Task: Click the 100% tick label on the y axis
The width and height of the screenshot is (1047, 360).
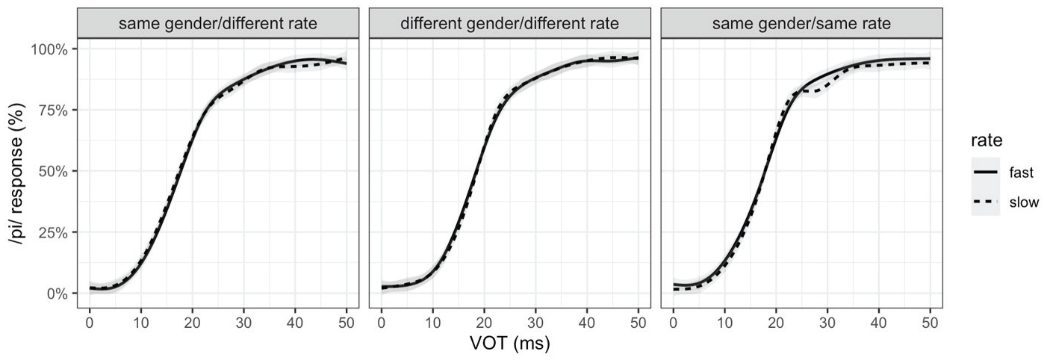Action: pos(49,49)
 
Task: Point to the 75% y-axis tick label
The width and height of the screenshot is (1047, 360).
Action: pos(53,111)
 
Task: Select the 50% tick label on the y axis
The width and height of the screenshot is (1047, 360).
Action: pos(53,172)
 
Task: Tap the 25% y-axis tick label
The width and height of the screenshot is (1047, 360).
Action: pos(53,232)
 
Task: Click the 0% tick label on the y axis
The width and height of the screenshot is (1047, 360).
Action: pos(57,294)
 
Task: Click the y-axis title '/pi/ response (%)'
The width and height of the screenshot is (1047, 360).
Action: pos(17,172)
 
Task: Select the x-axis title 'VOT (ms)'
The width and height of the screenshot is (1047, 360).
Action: pos(510,344)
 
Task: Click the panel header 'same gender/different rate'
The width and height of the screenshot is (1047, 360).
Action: pos(218,23)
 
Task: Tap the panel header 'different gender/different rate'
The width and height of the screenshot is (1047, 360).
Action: pos(509,23)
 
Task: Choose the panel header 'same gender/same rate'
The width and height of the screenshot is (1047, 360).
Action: pos(801,23)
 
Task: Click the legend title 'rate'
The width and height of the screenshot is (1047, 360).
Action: pos(987,140)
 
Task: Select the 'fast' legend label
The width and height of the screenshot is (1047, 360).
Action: pos(1022,173)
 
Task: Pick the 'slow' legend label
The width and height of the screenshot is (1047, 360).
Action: pos(1024,202)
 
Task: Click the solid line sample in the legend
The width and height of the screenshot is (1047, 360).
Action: pos(985,172)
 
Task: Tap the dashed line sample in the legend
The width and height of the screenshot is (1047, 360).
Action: pos(985,202)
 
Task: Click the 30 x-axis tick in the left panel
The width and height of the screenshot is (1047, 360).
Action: pos(243,323)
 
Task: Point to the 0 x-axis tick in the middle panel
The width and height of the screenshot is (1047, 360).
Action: pos(382,323)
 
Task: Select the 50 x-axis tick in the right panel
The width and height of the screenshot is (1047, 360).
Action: pos(931,323)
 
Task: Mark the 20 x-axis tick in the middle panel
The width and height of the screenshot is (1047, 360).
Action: pos(484,323)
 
